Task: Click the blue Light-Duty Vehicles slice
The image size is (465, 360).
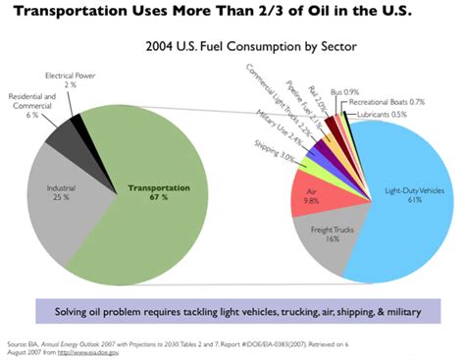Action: (402, 196)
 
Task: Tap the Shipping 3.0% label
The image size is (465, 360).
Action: (273, 155)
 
